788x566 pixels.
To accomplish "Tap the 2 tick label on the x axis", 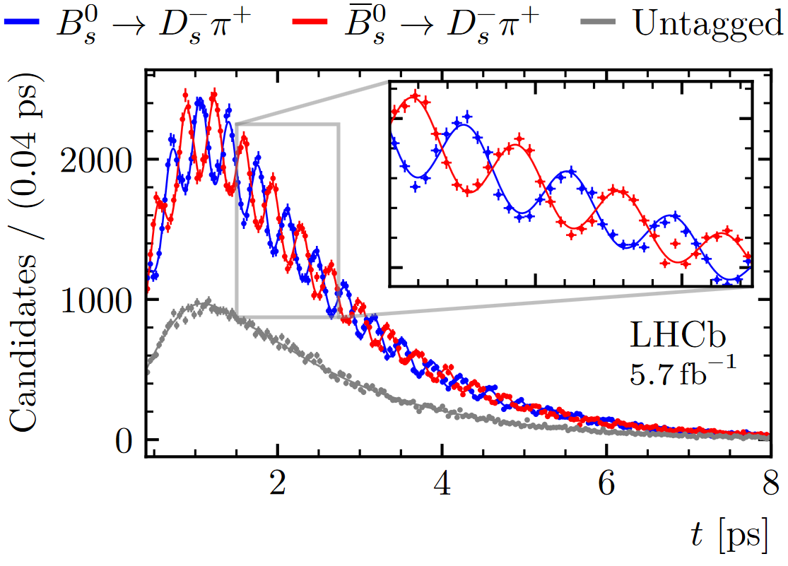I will click(278, 486).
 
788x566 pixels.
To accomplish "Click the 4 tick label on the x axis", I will click(442, 486).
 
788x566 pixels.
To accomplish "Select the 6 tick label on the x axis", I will click(606, 486).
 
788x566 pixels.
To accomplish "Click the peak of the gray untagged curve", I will click(207, 302).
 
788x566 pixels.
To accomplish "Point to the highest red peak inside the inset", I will click(416, 98).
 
